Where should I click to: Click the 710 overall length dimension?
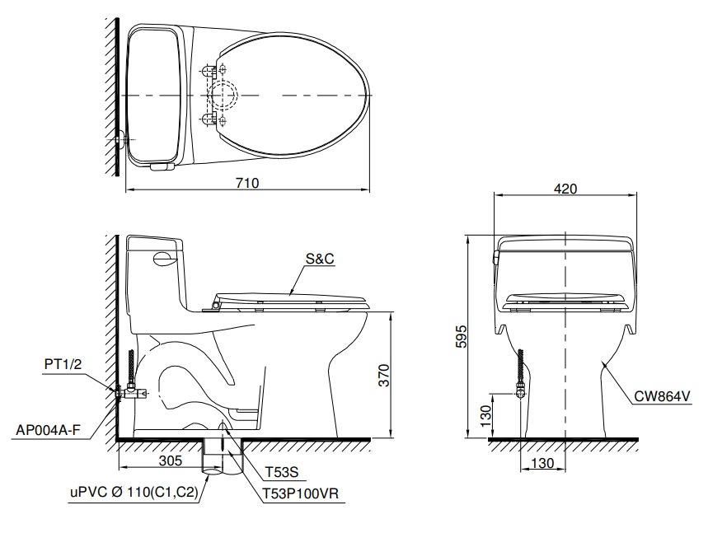point(247,183)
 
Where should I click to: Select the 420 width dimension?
point(565,189)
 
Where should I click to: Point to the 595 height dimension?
point(462,335)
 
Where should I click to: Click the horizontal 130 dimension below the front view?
point(542,463)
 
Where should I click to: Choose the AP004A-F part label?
point(49,429)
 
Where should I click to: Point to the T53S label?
point(280,473)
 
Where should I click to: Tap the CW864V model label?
point(661,396)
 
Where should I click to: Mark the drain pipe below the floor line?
point(221,457)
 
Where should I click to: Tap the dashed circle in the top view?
point(225,96)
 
